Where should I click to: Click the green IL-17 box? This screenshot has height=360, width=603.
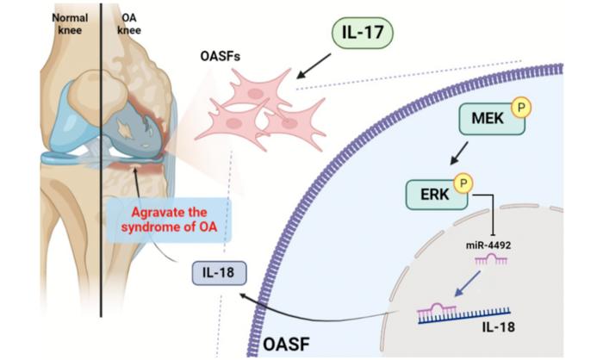tap(364, 36)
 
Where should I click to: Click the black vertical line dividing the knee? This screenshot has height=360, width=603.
tap(101, 172)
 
